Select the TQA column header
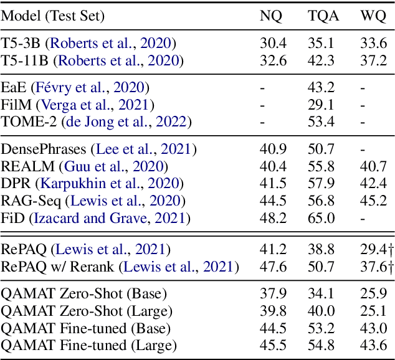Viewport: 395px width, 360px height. pos(323,16)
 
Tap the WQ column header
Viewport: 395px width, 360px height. pos(373,16)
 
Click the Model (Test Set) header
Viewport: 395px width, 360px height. pos(52,16)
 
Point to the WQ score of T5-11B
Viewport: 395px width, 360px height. pos(373,60)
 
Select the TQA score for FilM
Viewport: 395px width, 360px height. pos(323,105)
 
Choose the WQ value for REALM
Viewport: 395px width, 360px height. pos(373,167)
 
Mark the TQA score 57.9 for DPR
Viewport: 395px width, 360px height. pos(323,184)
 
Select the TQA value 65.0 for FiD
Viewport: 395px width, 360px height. pos(323,218)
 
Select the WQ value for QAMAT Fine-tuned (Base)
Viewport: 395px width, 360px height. pos(373,328)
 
